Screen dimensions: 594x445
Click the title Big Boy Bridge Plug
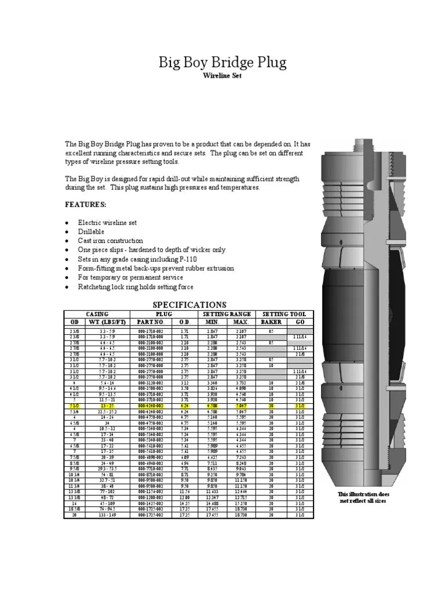[x=222, y=63]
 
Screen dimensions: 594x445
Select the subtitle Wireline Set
[x=222, y=76]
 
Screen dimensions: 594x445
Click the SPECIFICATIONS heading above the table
[x=189, y=305]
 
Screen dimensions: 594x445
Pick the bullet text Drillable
[x=92, y=231]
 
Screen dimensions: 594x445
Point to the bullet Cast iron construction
[x=110, y=240]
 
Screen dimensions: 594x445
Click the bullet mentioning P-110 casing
[x=142, y=259]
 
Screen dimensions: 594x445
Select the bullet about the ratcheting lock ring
[x=136, y=287]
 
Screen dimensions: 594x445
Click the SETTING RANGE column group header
[x=228, y=314]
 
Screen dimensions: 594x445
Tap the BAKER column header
[x=271, y=321]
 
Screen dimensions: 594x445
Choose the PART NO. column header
[x=151, y=321]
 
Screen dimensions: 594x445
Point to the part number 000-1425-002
[x=151, y=504]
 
